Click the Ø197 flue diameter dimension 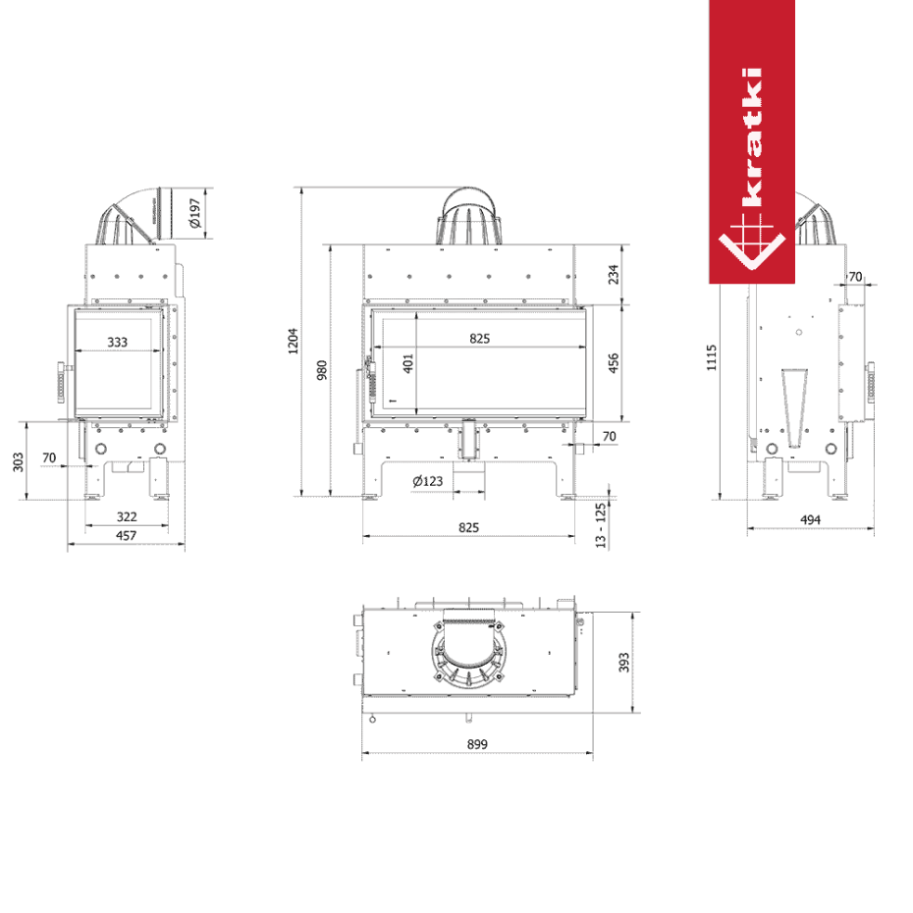pos(195,213)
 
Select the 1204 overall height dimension pos(293,342)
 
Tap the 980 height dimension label pos(321,370)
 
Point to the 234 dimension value pos(614,274)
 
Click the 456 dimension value pos(614,363)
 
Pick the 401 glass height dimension pos(408,363)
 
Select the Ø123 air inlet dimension pos(427,481)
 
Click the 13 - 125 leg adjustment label pos(600,526)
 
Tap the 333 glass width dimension pos(117,342)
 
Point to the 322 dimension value pos(127,516)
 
